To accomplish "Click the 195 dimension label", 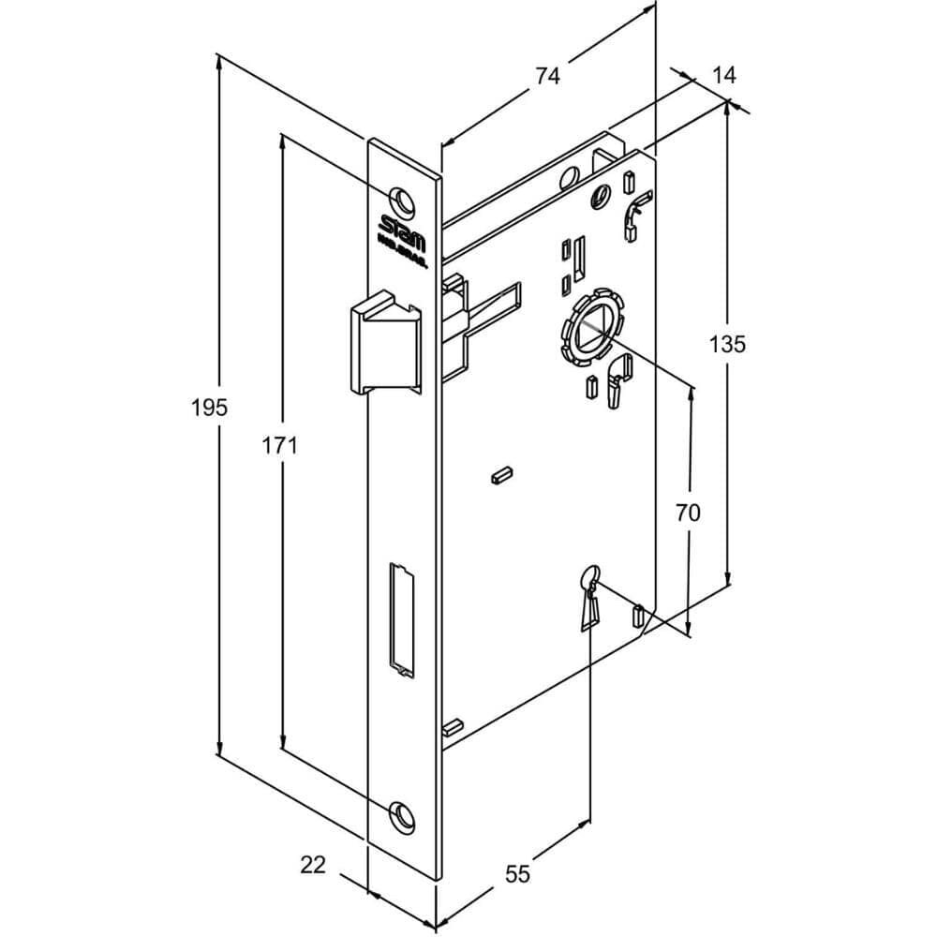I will tap(209, 408).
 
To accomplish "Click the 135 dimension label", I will tap(727, 344).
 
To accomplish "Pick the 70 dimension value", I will tap(688, 512).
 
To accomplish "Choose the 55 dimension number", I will tap(517, 873).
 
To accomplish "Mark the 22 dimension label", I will tap(313, 865).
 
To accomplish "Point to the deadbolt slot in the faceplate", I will tap(400, 618).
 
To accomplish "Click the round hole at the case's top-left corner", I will tap(569, 178).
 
